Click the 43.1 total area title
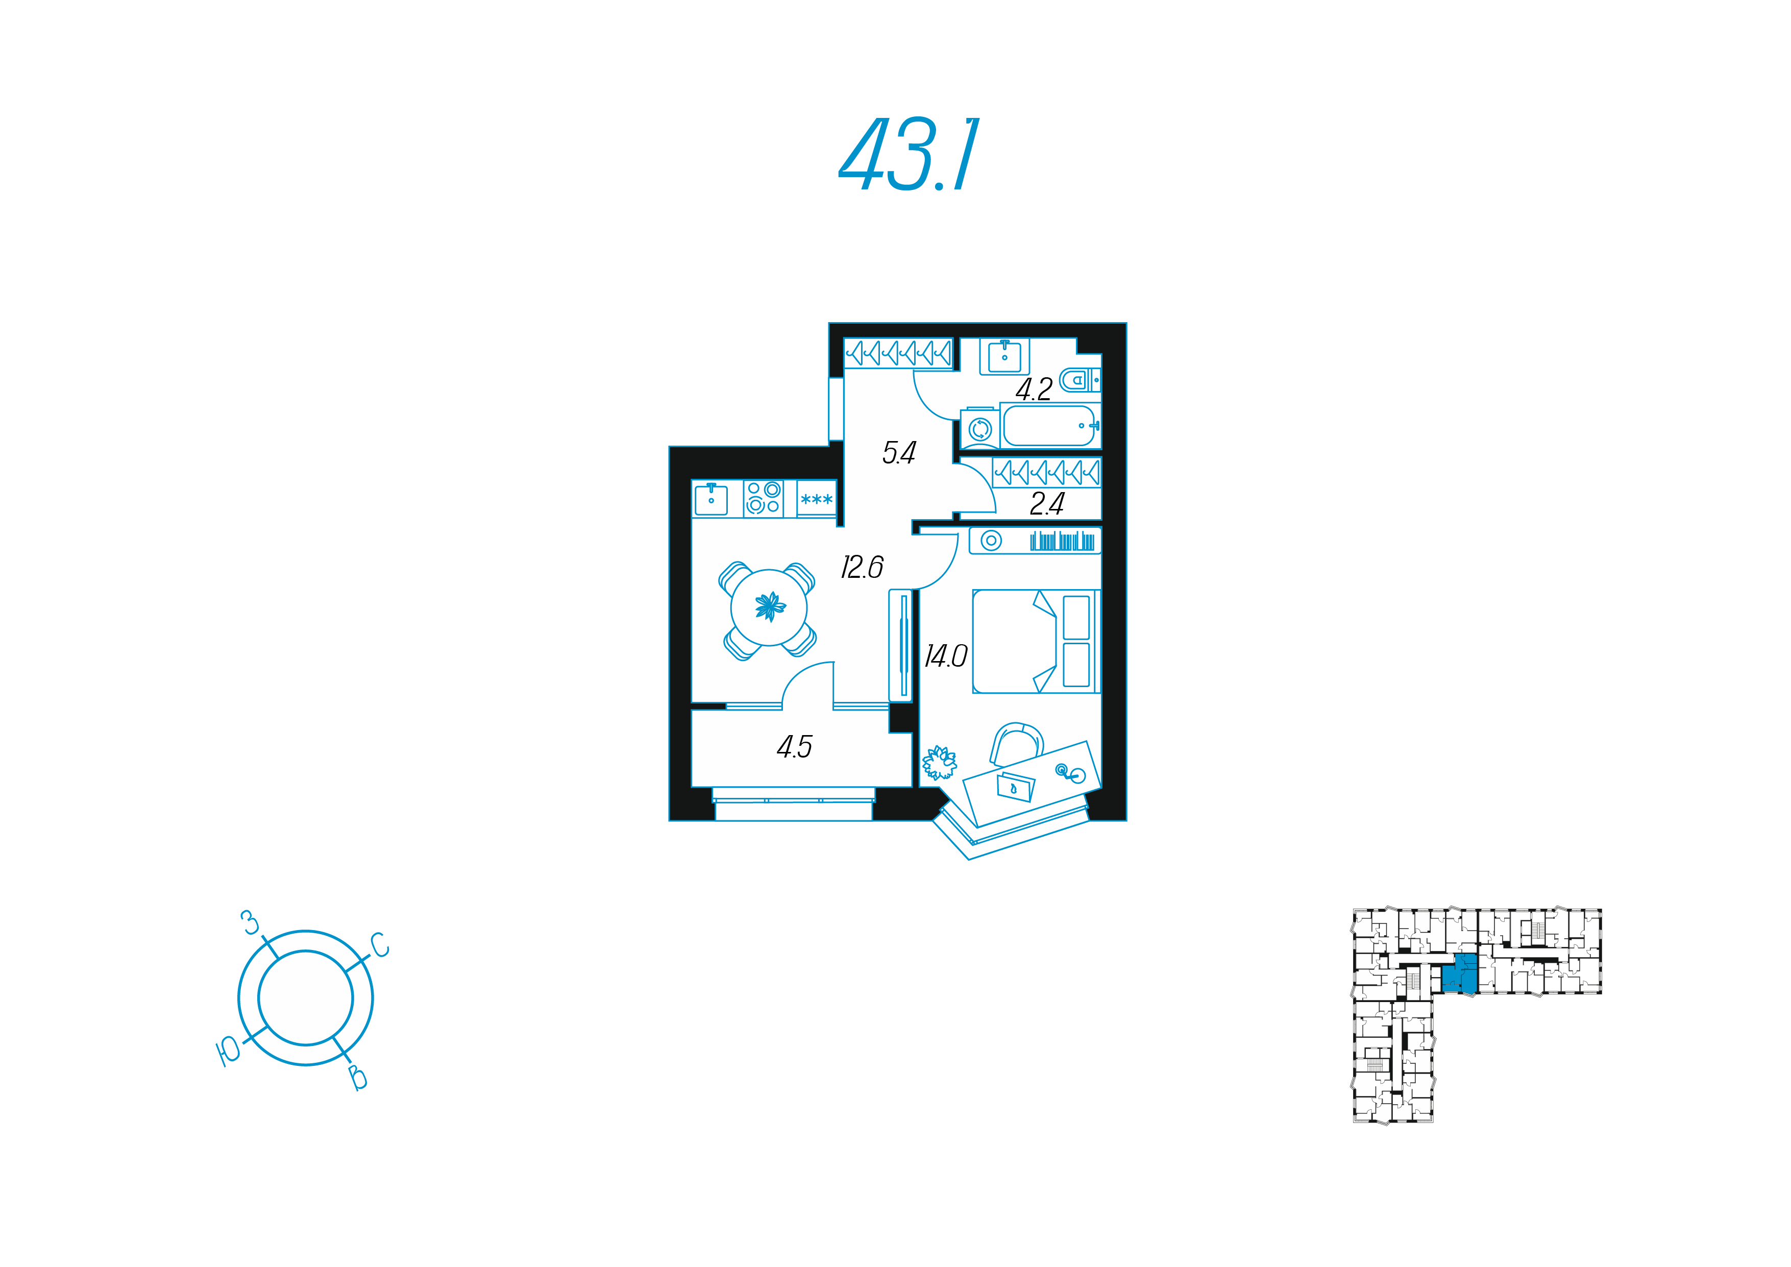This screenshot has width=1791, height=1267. pyautogui.click(x=909, y=155)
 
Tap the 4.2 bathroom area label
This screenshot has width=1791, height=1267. pyautogui.click(x=1034, y=389)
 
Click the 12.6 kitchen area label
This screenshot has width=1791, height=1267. pyautogui.click(x=862, y=567)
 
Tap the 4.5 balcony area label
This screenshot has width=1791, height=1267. pyautogui.click(x=794, y=747)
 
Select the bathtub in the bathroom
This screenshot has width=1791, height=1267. pyautogui.click(x=1049, y=426)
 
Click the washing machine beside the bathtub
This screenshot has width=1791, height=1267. pyautogui.click(x=980, y=428)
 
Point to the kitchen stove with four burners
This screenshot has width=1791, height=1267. pyautogui.click(x=763, y=498)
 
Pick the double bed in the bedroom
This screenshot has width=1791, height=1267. pyautogui.click(x=1035, y=641)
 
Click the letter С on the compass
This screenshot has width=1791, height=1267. pyautogui.click(x=380, y=945)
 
